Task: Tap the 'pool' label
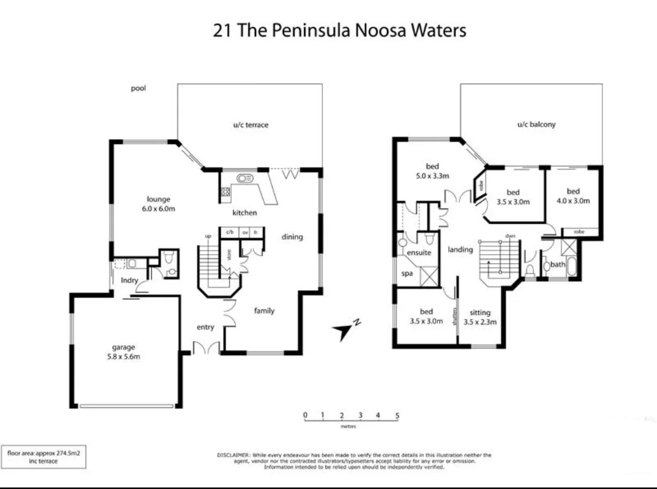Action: (138, 88)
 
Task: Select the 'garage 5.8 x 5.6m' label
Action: (123, 352)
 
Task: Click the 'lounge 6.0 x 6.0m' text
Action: (158, 204)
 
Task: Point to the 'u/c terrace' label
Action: (251, 125)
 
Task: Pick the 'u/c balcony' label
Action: (536, 124)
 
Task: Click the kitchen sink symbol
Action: (245, 179)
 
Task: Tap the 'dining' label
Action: (292, 237)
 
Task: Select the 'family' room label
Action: (264, 311)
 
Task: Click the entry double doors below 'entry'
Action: (206, 349)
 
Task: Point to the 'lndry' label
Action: (129, 280)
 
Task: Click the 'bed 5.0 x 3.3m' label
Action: (433, 171)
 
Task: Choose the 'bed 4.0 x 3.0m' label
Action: (573, 196)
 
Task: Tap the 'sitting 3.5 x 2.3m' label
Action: (480, 317)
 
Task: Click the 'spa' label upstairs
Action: (407, 274)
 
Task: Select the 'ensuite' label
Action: (419, 252)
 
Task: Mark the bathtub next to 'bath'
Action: (572, 265)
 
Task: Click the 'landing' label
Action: (461, 249)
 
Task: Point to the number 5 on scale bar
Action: (397, 415)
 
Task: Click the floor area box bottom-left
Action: (44, 456)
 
